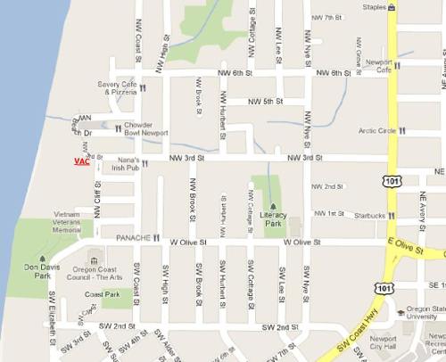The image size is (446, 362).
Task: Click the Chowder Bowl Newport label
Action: pos(145,128)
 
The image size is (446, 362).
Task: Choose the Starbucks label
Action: pos(369,215)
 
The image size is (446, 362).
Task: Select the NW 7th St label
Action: pos(327,17)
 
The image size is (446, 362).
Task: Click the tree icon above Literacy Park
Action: pos(273,205)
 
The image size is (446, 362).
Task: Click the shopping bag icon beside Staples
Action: pos(393,7)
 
